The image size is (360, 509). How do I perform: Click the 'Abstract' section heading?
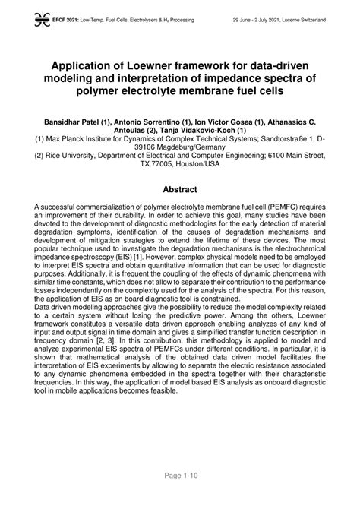tap(180, 190)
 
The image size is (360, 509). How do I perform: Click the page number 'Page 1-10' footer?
tap(180, 495)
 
